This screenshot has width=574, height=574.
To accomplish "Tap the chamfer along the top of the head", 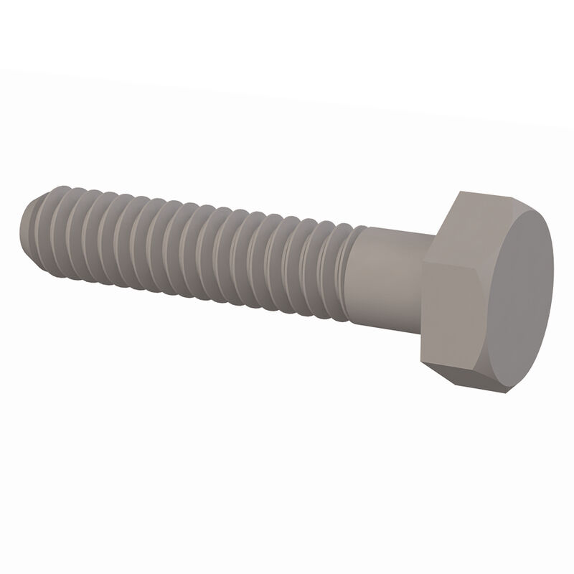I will (502, 201).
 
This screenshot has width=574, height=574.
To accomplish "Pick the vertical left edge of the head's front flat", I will (421, 309).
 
